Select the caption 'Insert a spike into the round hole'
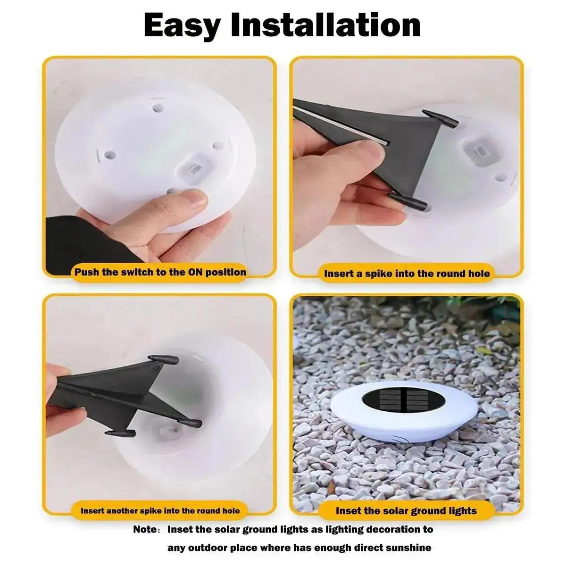click(407, 274)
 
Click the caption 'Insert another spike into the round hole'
click(160, 510)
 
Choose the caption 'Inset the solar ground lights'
click(406, 510)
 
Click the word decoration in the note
click(380, 529)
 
